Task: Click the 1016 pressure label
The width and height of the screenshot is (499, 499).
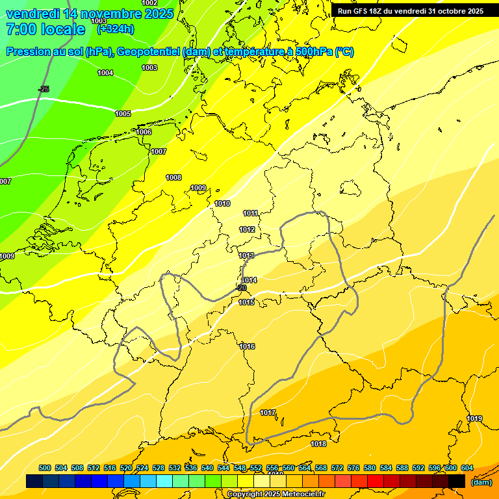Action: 247,346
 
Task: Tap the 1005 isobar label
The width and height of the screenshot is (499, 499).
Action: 123,114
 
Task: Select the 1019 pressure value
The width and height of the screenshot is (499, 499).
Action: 474,418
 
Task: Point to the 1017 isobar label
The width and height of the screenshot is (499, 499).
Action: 268,413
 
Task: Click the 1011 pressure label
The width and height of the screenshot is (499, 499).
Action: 251,213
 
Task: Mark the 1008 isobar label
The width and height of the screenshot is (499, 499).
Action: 173,177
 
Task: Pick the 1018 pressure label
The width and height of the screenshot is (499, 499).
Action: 318,444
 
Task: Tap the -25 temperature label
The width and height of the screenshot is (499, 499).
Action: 44,89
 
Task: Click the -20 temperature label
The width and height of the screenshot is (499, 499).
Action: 241,288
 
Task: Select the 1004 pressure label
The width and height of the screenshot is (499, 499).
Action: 105,73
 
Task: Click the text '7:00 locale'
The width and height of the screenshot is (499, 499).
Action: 45,29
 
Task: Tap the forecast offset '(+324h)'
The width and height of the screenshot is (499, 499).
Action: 116,29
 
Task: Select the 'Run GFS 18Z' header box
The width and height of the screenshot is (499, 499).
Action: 411,11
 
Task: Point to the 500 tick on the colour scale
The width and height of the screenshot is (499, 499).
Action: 45,468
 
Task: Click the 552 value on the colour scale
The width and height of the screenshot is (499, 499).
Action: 256,468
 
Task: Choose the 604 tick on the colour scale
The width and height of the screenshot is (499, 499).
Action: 467,468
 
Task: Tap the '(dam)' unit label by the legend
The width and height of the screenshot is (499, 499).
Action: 481,481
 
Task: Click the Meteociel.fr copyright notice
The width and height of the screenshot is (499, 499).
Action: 275,494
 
